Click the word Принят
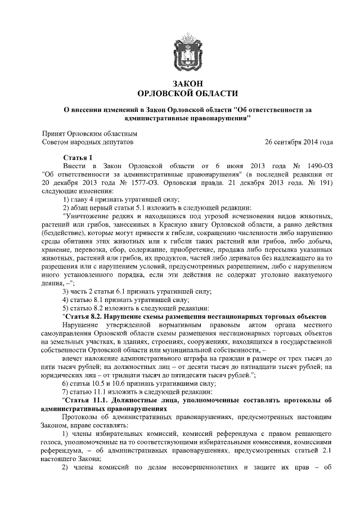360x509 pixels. coord(57,134)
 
